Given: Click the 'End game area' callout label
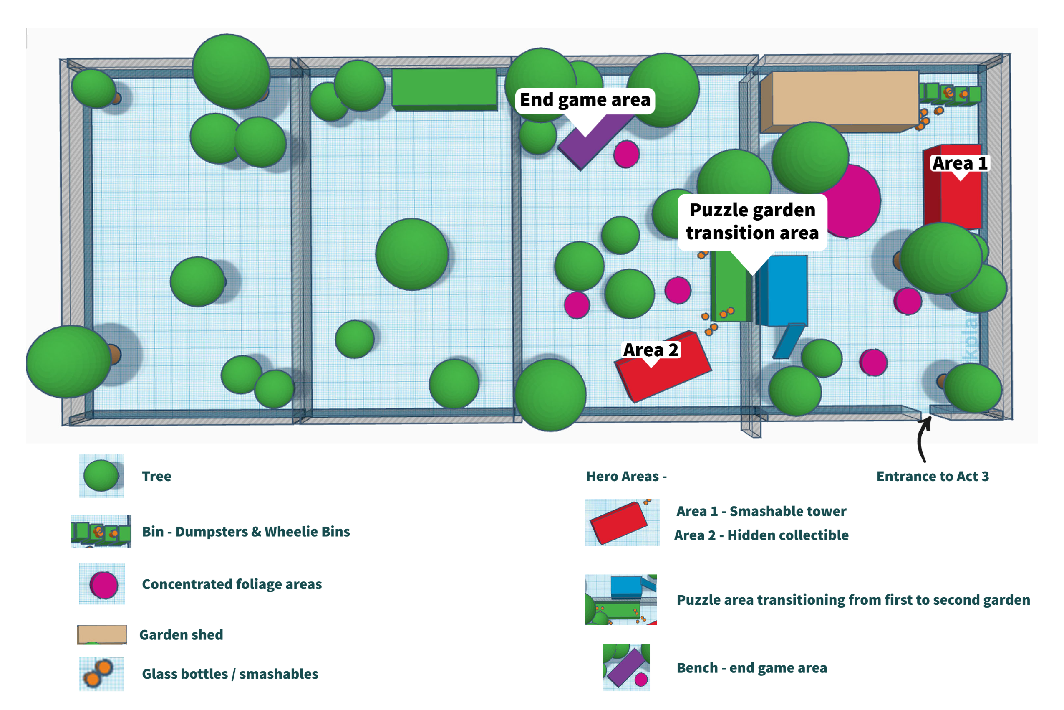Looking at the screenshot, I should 585,100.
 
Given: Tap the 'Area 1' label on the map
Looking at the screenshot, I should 960,163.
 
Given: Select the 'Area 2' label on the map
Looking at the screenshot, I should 651,350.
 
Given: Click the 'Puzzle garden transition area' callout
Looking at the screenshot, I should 752,221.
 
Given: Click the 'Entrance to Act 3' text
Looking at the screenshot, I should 933,477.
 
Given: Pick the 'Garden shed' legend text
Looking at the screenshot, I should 181,635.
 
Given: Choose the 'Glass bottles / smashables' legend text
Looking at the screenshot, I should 230,674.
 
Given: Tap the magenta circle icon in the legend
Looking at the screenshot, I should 103,585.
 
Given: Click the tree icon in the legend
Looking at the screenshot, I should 101,475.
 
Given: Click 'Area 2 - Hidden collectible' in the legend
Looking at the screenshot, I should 761,535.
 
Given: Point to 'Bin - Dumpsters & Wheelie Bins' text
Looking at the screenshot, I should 246,532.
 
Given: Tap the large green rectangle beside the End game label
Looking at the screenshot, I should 444,88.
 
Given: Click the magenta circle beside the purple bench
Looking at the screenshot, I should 626,154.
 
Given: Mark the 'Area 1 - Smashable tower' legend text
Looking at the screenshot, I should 761,511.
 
